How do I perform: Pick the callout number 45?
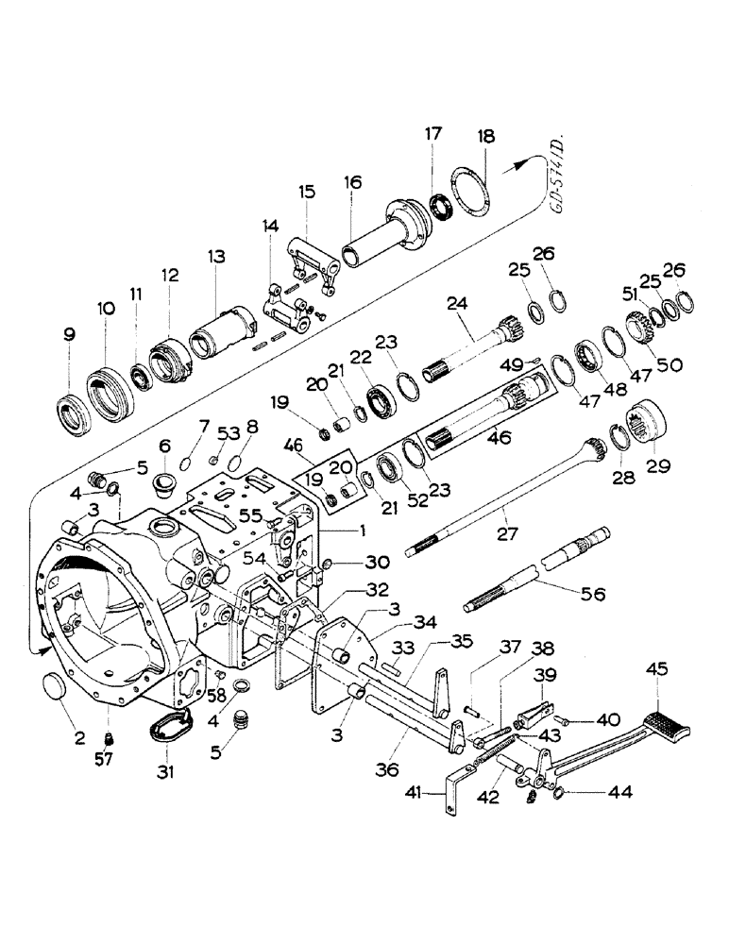(653, 670)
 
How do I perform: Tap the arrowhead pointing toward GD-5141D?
(516, 167)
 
